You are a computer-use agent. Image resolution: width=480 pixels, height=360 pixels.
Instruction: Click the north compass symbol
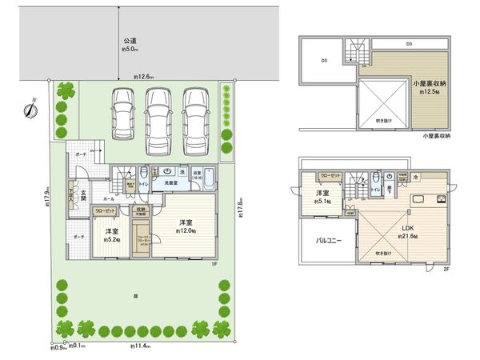[x=29, y=111]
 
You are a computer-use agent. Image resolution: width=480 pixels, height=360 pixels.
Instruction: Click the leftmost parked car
[x=123, y=115]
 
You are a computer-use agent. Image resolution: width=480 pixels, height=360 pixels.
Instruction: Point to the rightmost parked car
[x=195, y=115]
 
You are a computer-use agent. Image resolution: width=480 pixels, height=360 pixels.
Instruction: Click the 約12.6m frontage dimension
[x=145, y=77]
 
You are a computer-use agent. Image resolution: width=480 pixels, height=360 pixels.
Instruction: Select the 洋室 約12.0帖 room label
[x=186, y=226]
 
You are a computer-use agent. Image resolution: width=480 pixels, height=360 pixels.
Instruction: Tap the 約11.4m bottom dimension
[x=139, y=346]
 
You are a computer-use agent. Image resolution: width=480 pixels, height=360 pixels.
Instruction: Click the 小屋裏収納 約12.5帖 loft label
[x=429, y=87]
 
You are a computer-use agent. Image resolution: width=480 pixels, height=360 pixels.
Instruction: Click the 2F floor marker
[x=446, y=269]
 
